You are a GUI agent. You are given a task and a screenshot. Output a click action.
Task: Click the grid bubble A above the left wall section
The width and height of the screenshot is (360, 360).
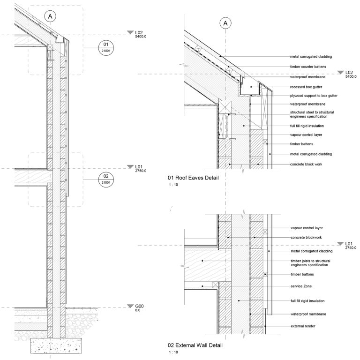click(x=51, y=16)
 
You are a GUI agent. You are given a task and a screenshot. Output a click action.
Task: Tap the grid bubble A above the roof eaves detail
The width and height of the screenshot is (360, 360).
click(x=226, y=23)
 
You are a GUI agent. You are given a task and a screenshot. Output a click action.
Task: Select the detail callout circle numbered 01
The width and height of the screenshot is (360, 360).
click(x=106, y=47)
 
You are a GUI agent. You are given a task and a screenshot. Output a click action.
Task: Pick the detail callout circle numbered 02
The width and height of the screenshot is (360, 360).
click(x=106, y=179)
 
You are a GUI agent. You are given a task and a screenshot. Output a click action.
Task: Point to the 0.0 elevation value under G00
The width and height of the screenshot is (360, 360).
click(x=138, y=310)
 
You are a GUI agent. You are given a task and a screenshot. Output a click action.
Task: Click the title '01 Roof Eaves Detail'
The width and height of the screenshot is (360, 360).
click(x=193, y=178)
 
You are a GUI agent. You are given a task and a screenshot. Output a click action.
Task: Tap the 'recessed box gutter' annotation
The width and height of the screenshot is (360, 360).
click(x=305, y=88)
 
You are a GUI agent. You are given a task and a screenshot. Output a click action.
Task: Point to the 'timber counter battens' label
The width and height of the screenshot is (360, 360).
click(x=307, y=67)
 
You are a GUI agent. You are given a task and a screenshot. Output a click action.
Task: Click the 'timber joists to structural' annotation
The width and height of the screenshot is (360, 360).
click(x=312, y=261)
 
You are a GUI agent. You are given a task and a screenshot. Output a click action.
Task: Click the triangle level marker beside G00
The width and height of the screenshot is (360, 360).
click(x=130, y=307)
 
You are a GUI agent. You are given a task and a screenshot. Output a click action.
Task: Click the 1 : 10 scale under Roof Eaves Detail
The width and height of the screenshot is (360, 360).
click(x=173, y=185)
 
